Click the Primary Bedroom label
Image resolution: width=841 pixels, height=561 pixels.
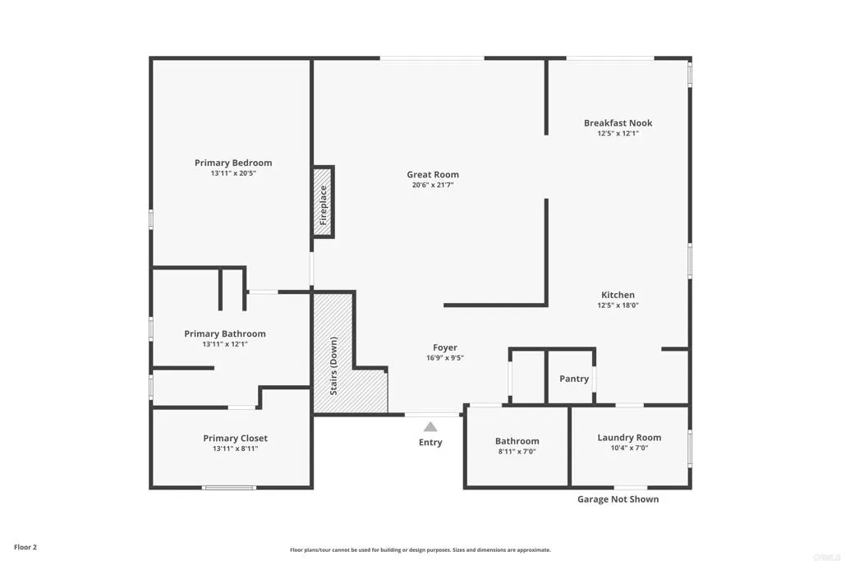(x=233, y=163)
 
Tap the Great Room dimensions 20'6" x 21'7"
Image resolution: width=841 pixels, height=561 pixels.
(x=433, y=185)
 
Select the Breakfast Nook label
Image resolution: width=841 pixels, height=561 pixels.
(x=618, y=123)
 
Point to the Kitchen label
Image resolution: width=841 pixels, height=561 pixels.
(x=618, y=295)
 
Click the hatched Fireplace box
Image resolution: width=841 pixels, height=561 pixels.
(x=323, y=203)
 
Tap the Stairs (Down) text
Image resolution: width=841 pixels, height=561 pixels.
(x=334, y=366)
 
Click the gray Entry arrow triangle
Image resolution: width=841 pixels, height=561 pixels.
(x=430, y=426)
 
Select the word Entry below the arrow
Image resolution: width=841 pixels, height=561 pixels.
(x=430, y=443)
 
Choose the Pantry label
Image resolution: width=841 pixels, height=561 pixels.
(x=574, y=379)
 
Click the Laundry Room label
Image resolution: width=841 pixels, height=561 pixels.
(x=629, y=438)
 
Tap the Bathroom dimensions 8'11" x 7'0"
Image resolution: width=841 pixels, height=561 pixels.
(x=517, y=452)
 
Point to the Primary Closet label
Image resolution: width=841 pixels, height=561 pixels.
(x=235, y=439)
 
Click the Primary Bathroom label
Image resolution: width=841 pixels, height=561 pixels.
(x=225, y=333)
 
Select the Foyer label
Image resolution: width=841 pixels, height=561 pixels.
(x=445, y=347)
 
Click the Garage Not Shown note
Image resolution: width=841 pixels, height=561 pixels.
(x=618, y=499)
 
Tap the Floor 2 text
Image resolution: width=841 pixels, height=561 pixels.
(x=25, y=547)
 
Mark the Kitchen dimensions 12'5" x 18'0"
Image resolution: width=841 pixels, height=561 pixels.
(x=618, y=306)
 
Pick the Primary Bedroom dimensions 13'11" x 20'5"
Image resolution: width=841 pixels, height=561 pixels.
(x=233, y=173)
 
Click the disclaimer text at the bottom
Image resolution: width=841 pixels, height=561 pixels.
(x=420, y=550)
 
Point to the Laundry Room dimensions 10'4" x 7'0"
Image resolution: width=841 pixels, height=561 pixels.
(x=629, y=448)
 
